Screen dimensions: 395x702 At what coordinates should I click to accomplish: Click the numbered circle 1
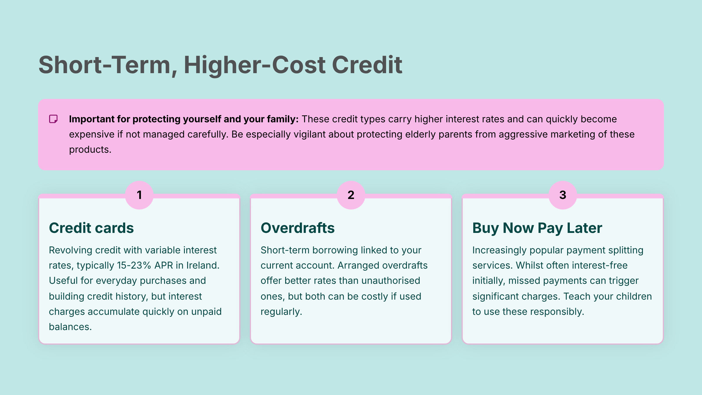click(x=139, y=195)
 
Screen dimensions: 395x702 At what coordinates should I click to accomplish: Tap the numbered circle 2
click(x=351, y=195)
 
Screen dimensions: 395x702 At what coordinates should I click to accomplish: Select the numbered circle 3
click(x=562, y=195)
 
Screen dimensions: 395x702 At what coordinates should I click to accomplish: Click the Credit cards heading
click(x=91, y=228)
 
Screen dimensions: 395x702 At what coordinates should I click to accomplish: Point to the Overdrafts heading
click(x=297, y=228)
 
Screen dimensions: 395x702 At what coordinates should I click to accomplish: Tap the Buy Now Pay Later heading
click(x=537, y=228)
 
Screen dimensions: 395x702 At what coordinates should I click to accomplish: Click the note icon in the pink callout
click(x=53, y=119)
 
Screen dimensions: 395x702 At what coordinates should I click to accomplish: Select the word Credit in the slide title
click(x=367, y=65)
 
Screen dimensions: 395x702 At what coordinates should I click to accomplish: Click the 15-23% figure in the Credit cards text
click(x=134, y=265)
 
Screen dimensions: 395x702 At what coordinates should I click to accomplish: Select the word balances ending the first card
click(x=70, y=327)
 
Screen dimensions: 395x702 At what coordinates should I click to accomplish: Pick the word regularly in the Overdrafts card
click(x=281, y=312)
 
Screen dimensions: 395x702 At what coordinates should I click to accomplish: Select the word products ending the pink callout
click(x=90, y=150)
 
